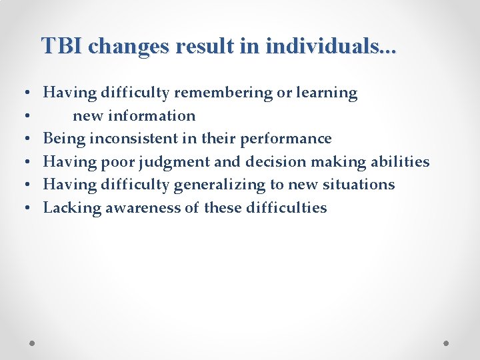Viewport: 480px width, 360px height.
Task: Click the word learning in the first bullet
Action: (327, 93)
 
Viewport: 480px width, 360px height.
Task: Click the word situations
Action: (359, 185)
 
